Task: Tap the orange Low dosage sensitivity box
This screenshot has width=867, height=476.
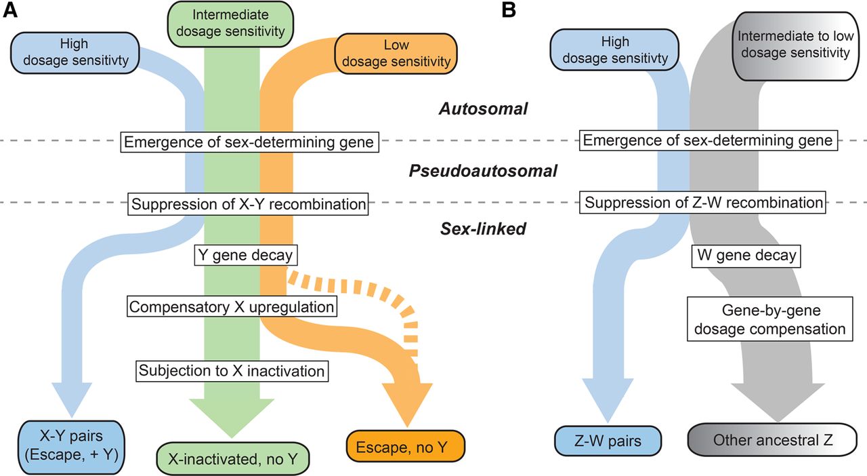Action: (397, 54)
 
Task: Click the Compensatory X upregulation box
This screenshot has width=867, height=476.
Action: (232, 306)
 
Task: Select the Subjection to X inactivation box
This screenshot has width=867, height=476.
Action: (232, 371)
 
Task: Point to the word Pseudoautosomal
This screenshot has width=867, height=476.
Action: (483, 171)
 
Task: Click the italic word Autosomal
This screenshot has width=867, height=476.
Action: (482, 108)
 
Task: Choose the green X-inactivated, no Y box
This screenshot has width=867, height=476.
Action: (232, 458)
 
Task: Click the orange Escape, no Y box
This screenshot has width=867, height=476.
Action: (406, 446)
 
